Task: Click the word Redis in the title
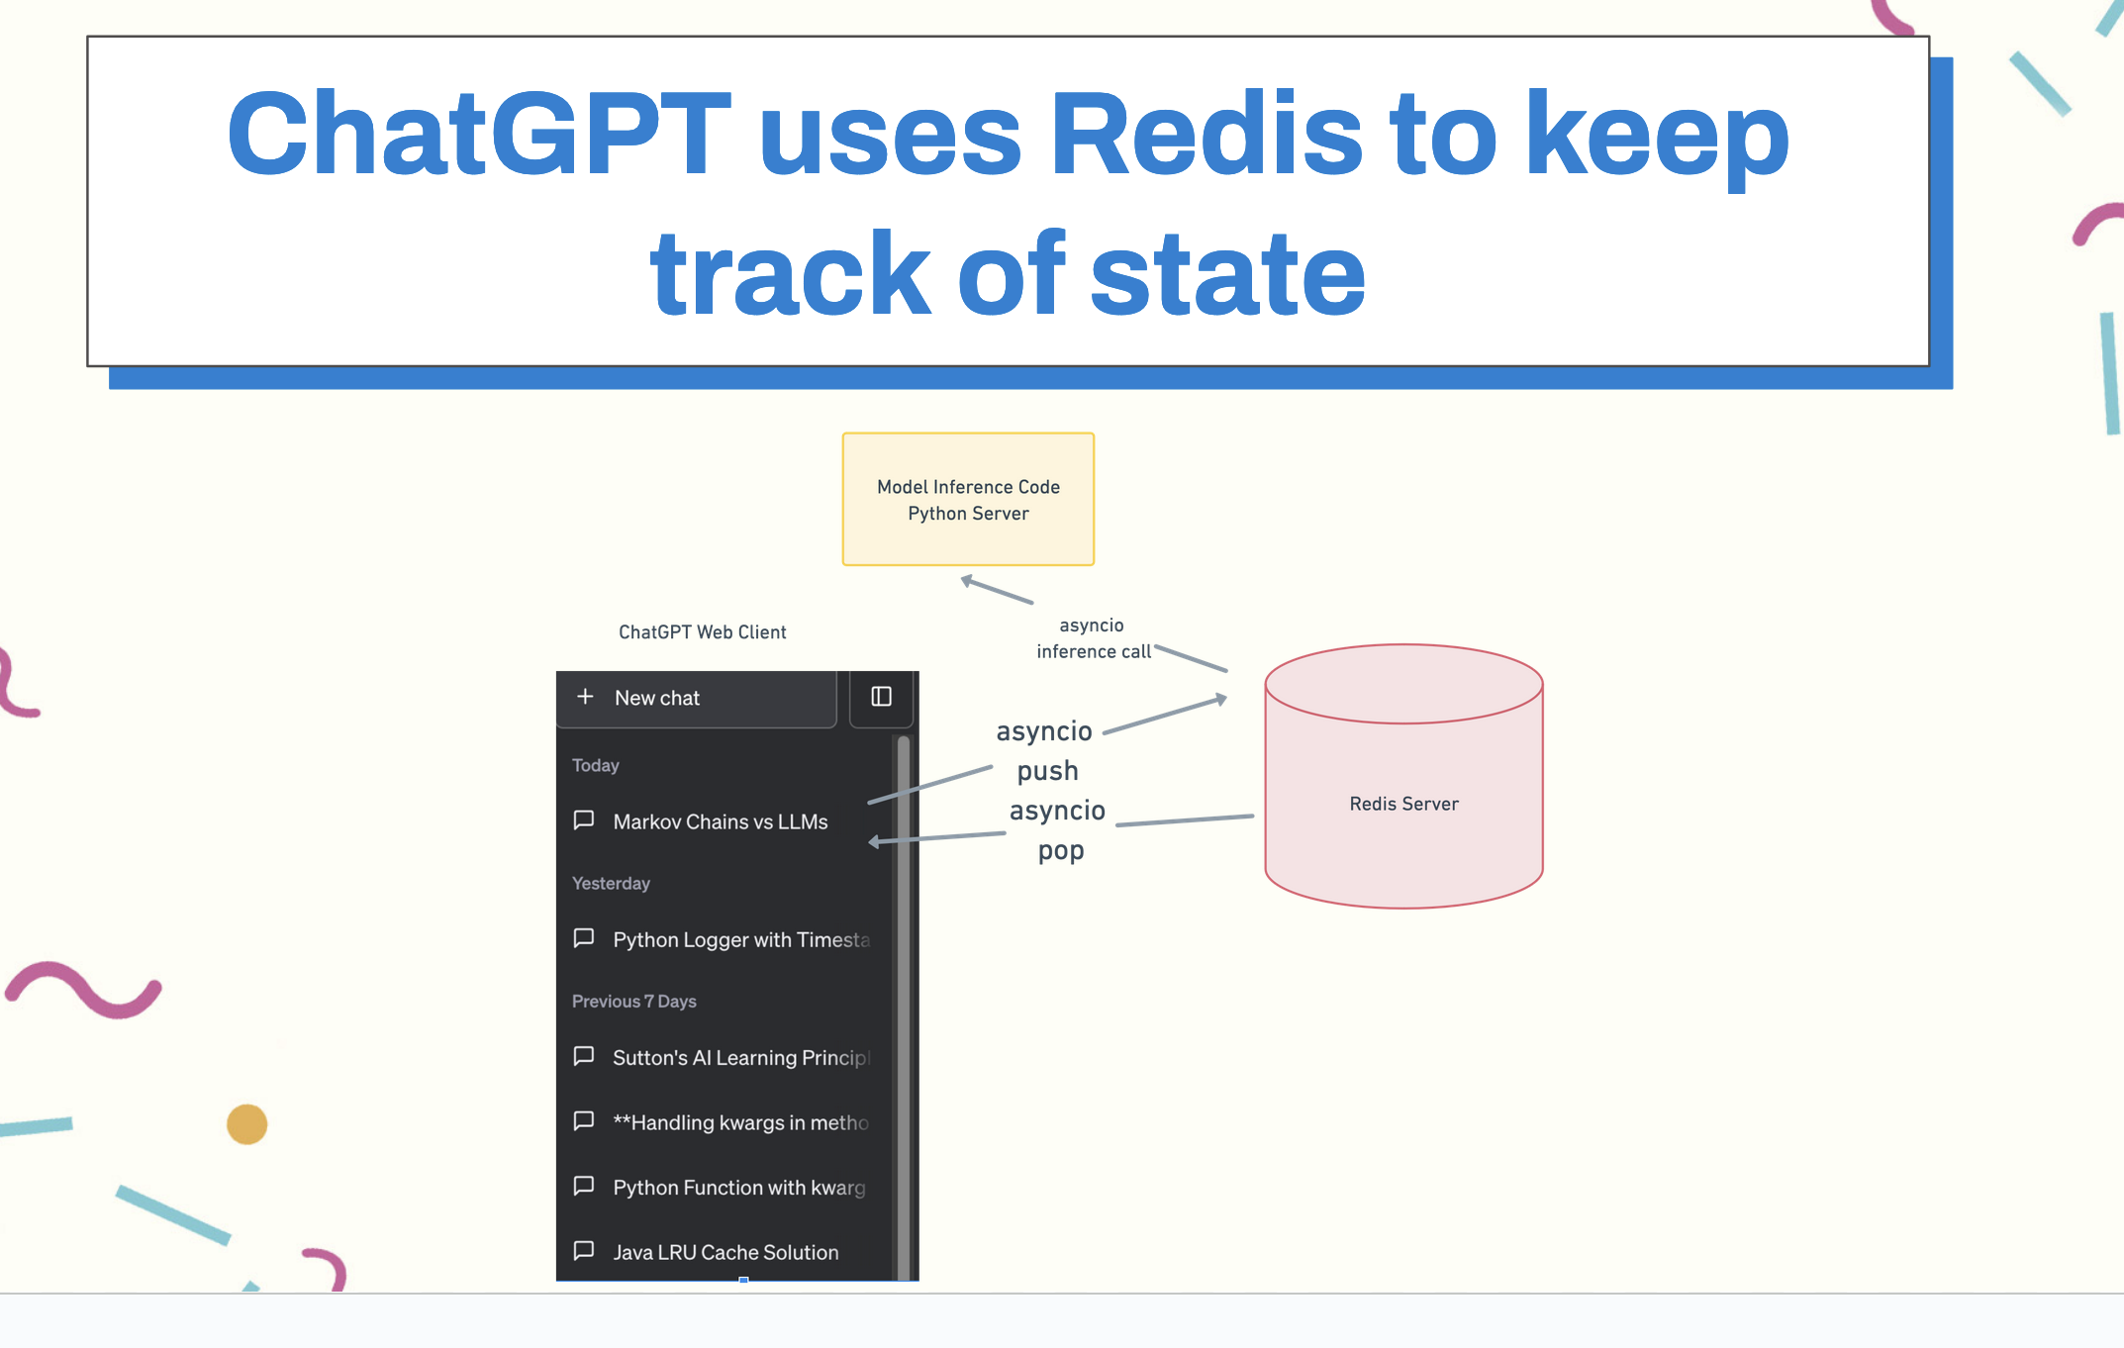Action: tap(1206, 134)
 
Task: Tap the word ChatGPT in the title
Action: tap(479, 134)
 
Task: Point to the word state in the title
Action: tap(1227, 273)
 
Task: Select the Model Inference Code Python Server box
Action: tap(968, 499)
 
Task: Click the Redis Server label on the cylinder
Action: tap(1403, 804)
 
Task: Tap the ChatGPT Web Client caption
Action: tap(703, 632)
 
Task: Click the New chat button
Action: tap(697, 698)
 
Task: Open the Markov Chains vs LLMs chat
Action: tap(720, 821)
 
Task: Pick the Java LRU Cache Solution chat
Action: tap(725, 1252)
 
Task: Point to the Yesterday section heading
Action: tap(611, 883)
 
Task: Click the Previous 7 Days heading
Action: tap(634, 1001)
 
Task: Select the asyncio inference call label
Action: tap(1094, 638)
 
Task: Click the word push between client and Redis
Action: tap(1047, 771)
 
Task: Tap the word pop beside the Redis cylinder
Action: tap(1061, 851)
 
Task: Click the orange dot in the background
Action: tap(246, 1124)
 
